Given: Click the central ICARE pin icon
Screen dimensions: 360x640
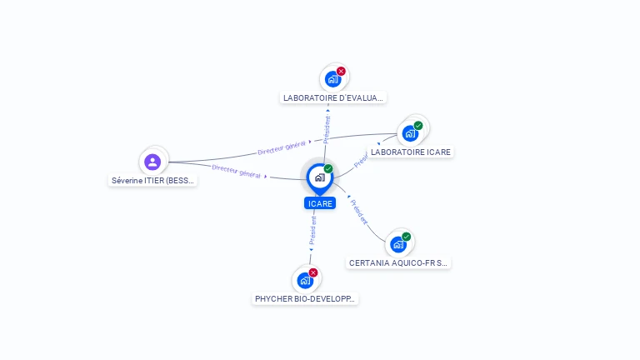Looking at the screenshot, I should coord(319,177).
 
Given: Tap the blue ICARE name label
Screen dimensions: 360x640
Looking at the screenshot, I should coord(320,203).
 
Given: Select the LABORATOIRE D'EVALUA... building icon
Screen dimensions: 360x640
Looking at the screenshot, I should coord(333,79).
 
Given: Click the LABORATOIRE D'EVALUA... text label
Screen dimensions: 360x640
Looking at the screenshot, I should coord(333,97).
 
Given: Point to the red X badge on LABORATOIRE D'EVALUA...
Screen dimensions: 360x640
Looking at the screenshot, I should coord(341,71).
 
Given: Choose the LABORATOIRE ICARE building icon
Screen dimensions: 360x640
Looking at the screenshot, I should coord(410,133).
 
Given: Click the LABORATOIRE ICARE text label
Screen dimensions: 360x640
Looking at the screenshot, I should coord(411,152).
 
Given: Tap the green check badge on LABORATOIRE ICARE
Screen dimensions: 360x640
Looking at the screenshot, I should coord(418,126).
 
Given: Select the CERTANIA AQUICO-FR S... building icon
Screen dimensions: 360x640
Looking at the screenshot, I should coord(398,244).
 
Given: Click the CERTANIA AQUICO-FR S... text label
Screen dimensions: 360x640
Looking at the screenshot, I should coord(398,262).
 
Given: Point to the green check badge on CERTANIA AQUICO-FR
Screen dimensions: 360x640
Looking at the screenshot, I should coord(407,237).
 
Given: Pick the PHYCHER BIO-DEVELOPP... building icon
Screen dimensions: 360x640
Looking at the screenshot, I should coord(305,280).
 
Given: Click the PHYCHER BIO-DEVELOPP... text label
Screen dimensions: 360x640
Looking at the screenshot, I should coord(305,298).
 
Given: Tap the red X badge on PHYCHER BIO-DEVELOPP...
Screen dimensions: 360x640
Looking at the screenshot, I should coord(313,272).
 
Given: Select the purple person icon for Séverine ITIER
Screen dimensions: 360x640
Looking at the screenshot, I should coord(152,162).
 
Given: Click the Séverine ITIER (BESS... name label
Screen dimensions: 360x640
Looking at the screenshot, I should coord(153,180).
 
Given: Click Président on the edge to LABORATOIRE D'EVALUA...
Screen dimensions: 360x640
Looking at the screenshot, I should coord(327,129).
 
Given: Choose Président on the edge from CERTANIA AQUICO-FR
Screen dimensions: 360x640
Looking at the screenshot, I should coord(359,212).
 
